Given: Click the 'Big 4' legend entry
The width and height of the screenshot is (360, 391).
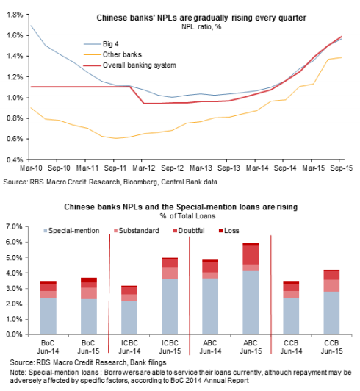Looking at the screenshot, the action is tap(101, 44).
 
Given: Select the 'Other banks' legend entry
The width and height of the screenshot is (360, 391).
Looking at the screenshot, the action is tap(112, 54).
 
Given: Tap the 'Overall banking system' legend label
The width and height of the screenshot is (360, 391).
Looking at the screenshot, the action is tap(130, 65).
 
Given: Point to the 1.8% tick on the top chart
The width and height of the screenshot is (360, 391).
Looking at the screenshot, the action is tap(15, 15).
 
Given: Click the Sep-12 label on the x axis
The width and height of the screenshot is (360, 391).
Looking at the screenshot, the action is tap(172, 168).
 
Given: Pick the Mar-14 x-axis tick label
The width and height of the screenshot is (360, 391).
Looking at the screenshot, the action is tap(257, 168).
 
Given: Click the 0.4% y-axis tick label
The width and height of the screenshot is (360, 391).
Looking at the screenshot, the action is tap(15, 159).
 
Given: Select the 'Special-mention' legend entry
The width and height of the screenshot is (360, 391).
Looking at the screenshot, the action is tap(71, 231).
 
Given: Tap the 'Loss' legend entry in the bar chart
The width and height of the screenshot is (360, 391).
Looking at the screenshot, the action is tap(229, 231).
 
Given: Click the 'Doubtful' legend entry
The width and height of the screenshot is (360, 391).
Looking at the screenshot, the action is tap(189, 231).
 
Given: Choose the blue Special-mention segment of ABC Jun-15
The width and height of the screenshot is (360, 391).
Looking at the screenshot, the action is tap(251, 303).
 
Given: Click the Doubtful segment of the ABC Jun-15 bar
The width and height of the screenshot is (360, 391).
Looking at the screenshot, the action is tap(251, 255).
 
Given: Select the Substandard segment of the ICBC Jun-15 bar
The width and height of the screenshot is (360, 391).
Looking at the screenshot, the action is tap(170, 273).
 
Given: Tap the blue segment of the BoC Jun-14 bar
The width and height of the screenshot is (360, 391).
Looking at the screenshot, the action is tap(48, 316).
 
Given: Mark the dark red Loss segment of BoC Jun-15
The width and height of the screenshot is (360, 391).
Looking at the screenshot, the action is tap(89, 280).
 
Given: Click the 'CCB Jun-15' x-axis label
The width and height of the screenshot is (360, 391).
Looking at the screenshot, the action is tap(331, 347).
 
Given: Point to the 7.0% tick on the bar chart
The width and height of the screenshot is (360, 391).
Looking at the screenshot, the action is tap(14, 227).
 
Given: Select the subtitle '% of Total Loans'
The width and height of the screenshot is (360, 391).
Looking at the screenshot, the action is tap(188, 216).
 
